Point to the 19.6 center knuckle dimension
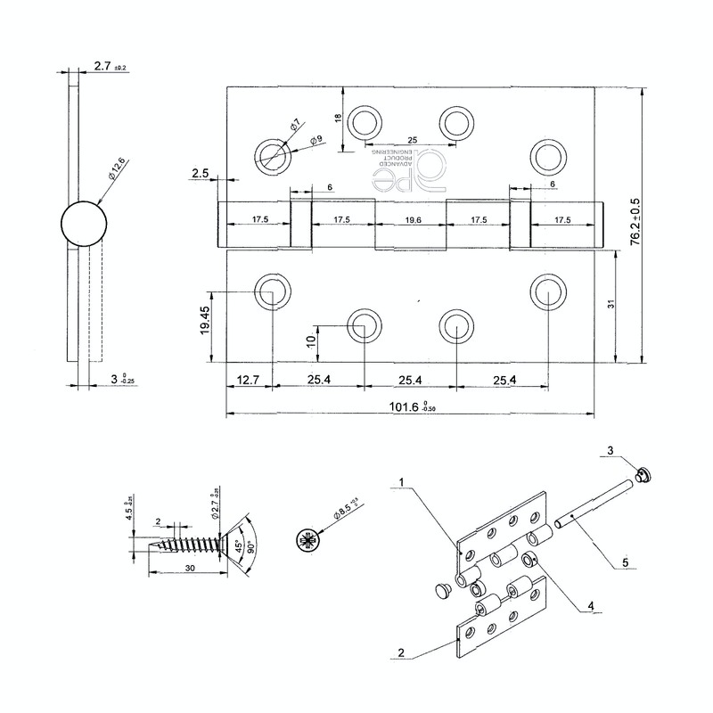click(x=410, y=218)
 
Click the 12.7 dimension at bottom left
click(x=249, y=381)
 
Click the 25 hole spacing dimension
click(x=412, y=140)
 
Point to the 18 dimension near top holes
click(x=339, y=119)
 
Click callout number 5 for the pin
click(x=624, y=562)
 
